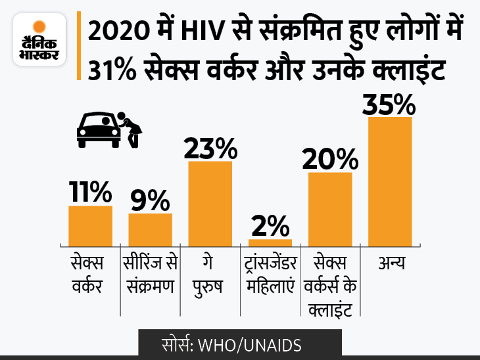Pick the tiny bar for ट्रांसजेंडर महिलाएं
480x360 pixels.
tap(270, 242)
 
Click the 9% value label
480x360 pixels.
tap(150, 200)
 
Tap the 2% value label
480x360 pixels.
tap(270, 226)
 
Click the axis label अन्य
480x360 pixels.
tap(391, 264)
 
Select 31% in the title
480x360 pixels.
tap(110, 68)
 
